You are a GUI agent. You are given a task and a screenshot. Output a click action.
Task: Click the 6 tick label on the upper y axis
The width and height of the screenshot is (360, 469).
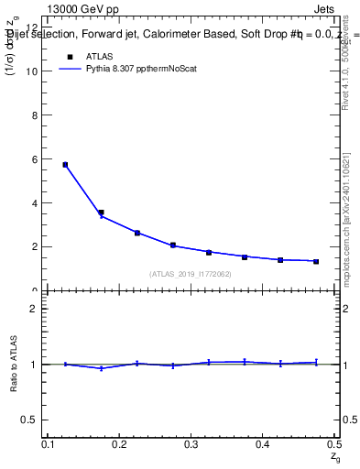click(x=35, y=159)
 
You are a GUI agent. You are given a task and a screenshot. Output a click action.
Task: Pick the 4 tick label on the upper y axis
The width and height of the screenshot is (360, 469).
click(x=35, y=203)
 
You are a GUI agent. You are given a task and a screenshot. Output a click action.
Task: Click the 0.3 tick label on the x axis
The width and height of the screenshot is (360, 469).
click(x=191, y=444)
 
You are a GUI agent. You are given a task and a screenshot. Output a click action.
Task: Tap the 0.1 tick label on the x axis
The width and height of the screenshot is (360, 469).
click(x=49, y=444)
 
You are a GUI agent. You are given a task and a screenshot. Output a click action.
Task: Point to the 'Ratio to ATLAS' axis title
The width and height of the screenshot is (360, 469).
click(x=14, y=364)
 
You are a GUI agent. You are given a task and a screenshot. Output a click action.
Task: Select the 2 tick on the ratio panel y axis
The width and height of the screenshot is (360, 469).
click(x=35, y=309)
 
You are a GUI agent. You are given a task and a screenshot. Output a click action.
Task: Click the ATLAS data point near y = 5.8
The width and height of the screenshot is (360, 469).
click(x=65, y=165)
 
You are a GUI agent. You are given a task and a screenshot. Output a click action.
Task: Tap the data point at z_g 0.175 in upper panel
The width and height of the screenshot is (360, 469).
click(x=101, y=213)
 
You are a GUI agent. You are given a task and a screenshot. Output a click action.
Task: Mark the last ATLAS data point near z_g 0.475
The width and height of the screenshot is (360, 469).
click(x=315, y=261)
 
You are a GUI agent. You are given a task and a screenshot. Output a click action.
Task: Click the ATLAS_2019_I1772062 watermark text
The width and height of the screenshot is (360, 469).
click(x=191, y=274)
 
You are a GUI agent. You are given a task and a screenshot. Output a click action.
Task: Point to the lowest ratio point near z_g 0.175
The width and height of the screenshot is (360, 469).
click(x=101, y=368)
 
